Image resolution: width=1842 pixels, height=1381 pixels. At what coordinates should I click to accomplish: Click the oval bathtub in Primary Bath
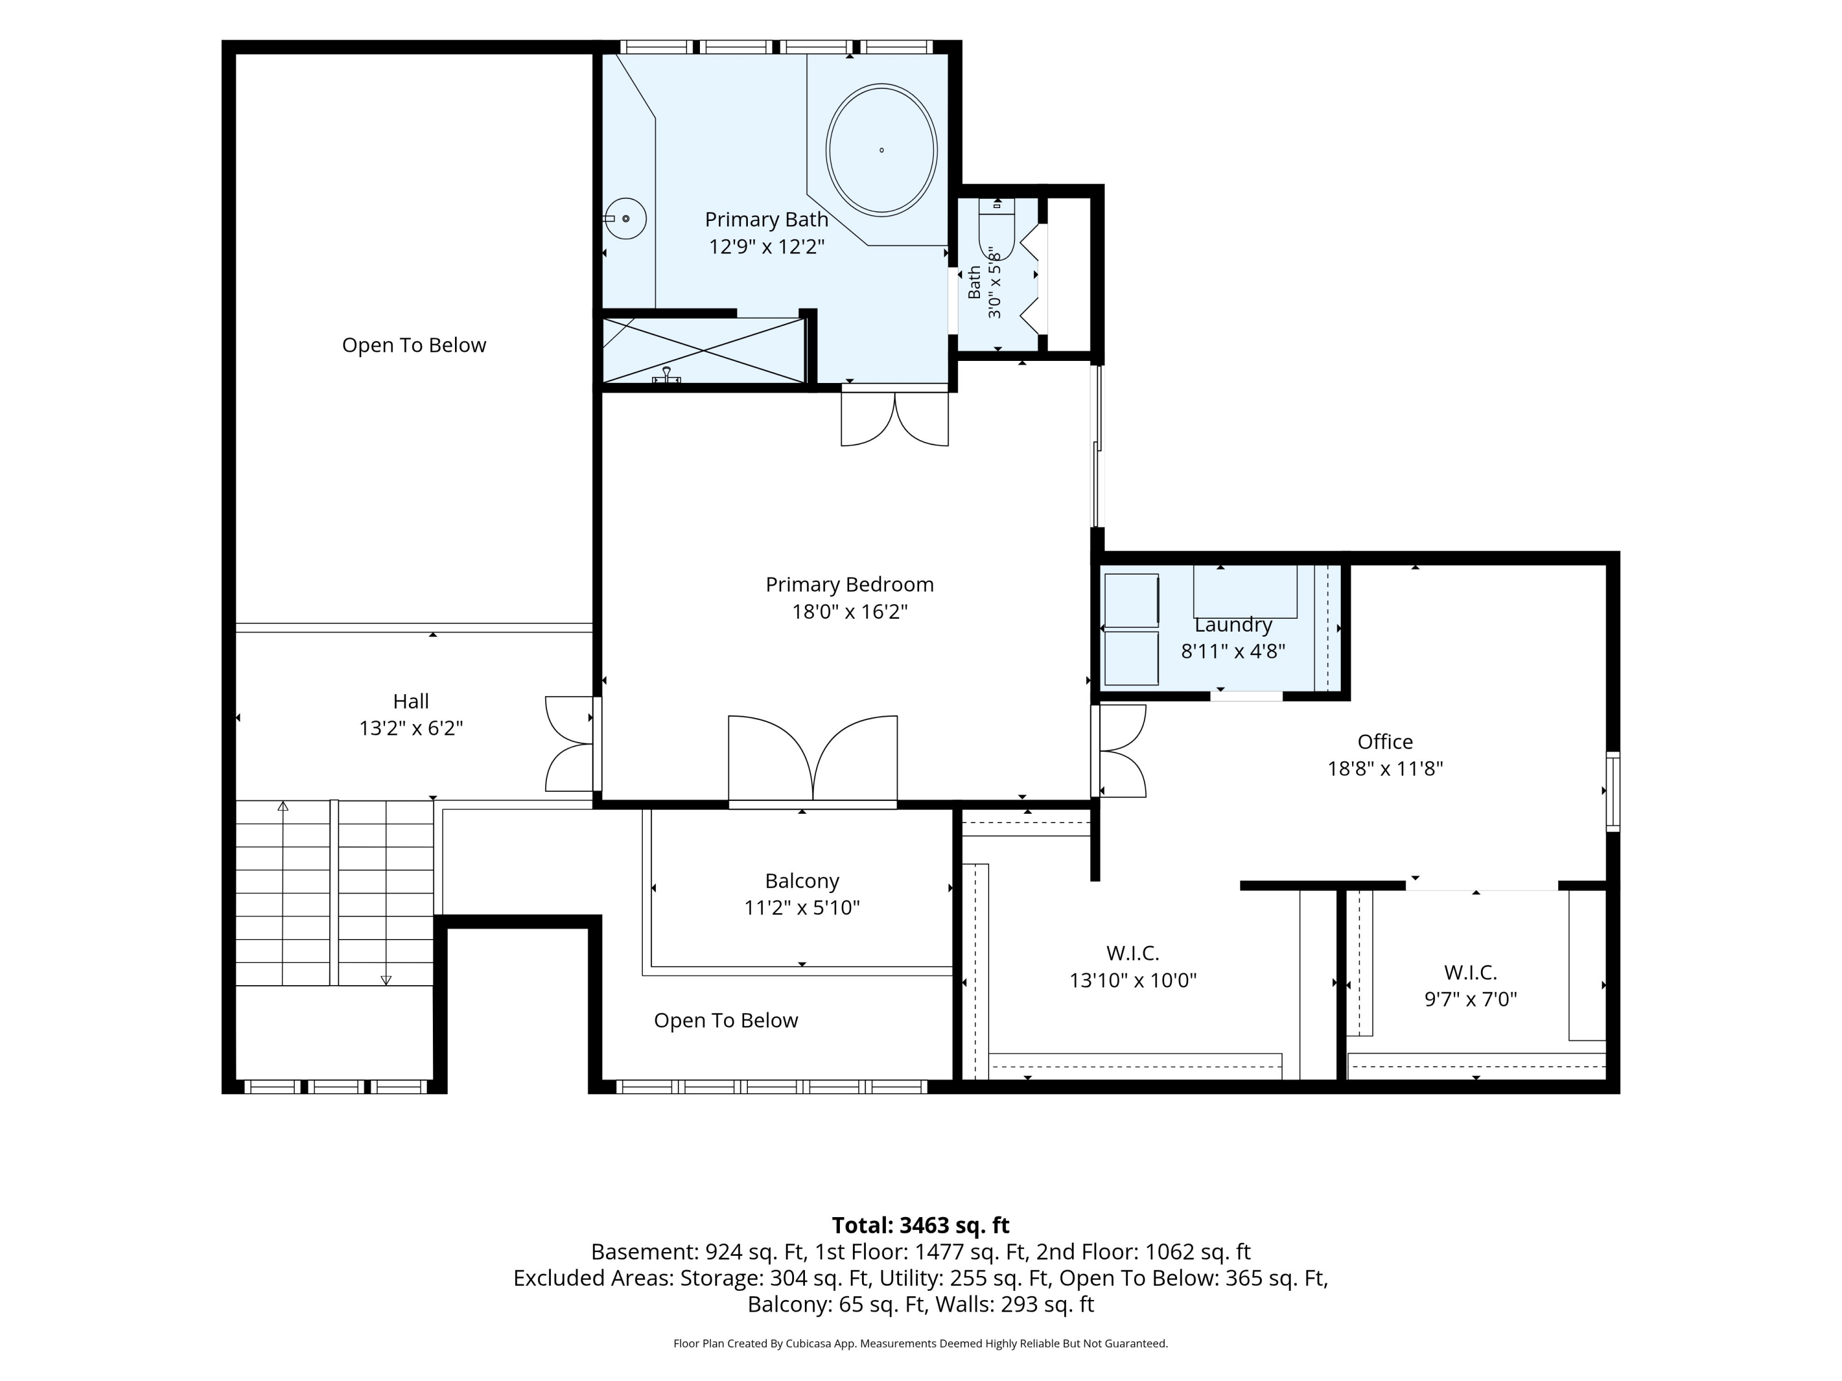pos(881,150)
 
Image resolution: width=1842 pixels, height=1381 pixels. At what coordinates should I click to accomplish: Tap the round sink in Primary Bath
pos(624,219)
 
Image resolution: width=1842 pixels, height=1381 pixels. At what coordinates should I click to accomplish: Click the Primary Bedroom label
pos(849,584)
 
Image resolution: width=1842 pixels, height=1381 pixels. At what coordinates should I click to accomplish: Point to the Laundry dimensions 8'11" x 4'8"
pos(1234,651)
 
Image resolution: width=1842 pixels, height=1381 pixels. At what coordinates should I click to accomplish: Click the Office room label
pos(1385,741)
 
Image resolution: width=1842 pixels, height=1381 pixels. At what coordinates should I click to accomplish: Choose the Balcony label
pos(802,881)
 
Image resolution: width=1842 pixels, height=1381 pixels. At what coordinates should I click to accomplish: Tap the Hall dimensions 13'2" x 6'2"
pos(411,729)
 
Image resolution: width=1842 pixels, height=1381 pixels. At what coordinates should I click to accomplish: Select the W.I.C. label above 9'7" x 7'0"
pos(1471,972)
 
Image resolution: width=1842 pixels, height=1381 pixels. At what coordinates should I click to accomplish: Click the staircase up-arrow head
pos(283,806)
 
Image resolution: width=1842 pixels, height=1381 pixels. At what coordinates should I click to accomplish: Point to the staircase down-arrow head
pos(386,981)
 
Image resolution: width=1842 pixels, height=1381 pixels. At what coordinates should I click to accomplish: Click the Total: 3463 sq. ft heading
pos(920,1225)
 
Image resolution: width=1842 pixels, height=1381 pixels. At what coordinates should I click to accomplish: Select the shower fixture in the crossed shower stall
pos(666,376)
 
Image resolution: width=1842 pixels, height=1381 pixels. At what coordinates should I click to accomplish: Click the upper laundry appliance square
pos(1131,600)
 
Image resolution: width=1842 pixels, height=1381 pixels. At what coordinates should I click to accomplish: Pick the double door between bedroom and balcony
pos(813,760)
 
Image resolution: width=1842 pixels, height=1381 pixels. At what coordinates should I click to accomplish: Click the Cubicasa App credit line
pos(920,1344)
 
